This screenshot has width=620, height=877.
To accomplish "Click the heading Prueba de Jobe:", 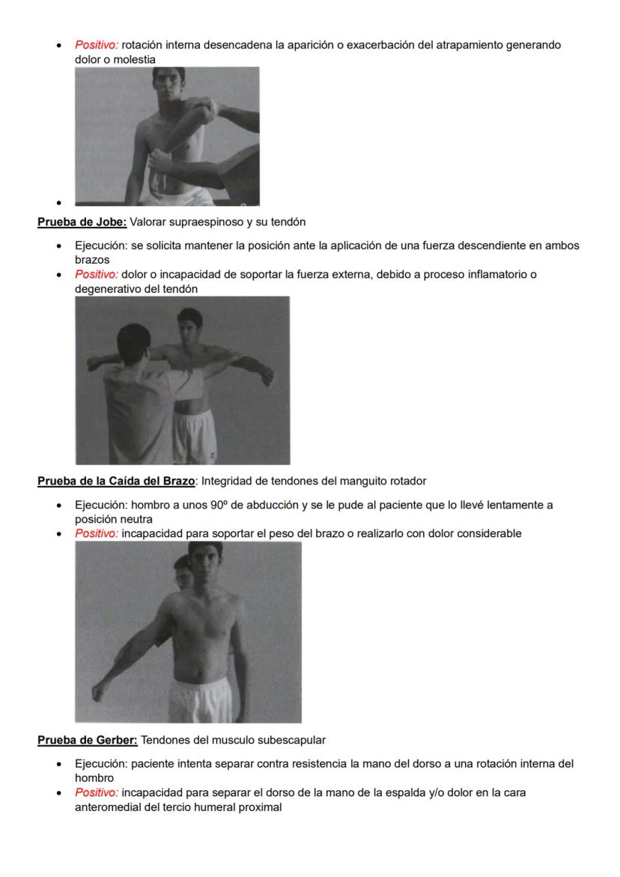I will click(82, 222).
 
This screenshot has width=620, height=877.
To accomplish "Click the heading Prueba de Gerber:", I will click(88, 740).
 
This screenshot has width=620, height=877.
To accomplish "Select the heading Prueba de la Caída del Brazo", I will click(116, 481).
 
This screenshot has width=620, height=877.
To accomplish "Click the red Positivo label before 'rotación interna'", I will click(97, 45).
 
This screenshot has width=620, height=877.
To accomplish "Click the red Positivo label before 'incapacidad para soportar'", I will click(97, 533).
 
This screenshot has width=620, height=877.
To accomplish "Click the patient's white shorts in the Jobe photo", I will click(195, 434).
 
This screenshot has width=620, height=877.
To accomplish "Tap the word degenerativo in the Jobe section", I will click(109, 288).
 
